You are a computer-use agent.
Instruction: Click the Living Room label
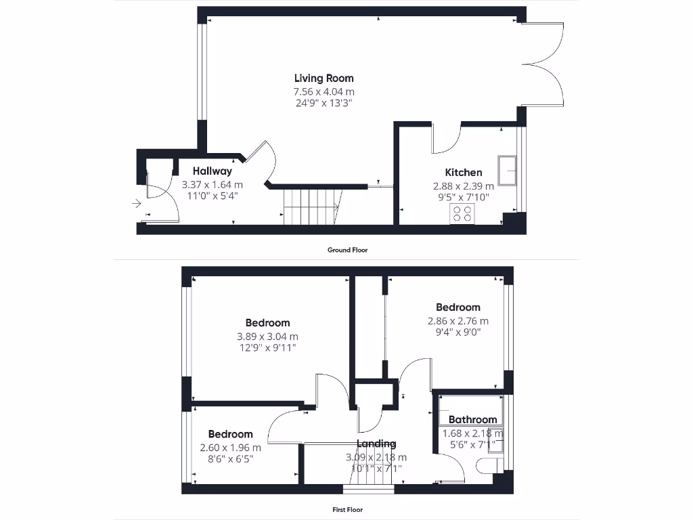coord(323,78)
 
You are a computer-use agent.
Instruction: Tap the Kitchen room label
coord(463,172)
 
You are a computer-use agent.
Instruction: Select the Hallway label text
coord(212,171)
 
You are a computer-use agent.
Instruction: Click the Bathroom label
coord(472,420)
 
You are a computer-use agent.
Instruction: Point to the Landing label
coord(376,443)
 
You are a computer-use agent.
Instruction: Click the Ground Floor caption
coord(347,250)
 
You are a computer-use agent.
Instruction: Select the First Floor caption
coord(347,510)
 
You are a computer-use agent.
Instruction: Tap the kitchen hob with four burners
coord(462,214)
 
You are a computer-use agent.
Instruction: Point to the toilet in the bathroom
coord(487,466)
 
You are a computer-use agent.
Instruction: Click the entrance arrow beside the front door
coord(137,202)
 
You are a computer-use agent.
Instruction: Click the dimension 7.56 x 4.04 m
coord(323,91)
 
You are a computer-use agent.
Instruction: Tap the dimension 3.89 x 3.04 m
coord(267,336)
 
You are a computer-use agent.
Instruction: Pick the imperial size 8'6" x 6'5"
coord(230,459)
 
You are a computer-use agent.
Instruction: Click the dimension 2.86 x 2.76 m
coord(457,321)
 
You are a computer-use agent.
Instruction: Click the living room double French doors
coord(543,64)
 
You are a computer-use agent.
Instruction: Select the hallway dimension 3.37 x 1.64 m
coord(212,184)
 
